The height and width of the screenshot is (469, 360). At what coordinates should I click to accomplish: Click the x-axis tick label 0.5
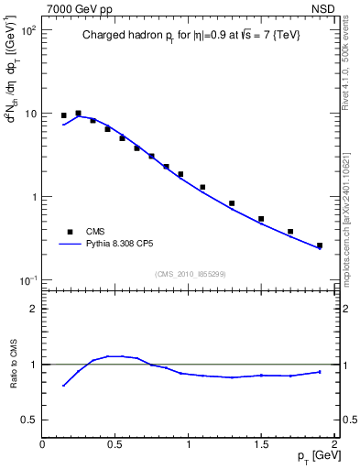(x=115, y=444)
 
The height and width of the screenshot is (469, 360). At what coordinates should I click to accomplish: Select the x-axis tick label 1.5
(x=261, y=444)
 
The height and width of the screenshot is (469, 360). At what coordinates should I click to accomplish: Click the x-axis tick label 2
(x=334, y=444)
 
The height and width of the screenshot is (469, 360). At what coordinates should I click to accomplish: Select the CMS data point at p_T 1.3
(x=232, y=203)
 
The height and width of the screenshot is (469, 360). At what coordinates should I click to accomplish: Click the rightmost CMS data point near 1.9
(x=320, y=245)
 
